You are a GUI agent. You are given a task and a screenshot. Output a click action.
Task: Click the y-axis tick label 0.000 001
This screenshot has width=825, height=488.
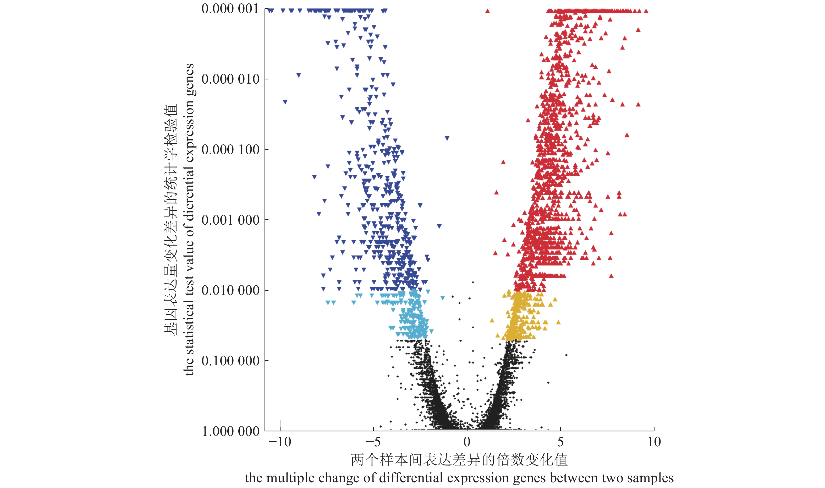click(230, 9)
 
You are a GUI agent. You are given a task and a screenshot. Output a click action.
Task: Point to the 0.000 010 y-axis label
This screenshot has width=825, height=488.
click(230, 79)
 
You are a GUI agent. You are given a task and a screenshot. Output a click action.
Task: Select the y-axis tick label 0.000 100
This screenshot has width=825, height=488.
click(230, 149)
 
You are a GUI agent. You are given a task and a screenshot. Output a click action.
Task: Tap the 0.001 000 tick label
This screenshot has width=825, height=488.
click(230, 220)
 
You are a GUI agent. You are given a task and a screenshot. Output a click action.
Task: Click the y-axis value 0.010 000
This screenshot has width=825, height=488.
click(230, 290)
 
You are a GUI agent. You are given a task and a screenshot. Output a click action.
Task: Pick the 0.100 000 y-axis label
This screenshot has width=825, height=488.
click(230, 360)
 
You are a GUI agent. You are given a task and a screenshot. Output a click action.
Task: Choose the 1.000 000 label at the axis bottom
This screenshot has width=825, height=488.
click(230, 431)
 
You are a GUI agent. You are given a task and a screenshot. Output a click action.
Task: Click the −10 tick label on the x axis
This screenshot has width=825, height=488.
click(280, 442)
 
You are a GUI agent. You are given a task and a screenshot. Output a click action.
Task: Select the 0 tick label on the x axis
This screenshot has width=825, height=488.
click(467, 442)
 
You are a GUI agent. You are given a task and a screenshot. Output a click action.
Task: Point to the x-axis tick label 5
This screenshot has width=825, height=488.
click(560, 442)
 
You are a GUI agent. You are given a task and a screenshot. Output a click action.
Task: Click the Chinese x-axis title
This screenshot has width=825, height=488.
click(459, 460)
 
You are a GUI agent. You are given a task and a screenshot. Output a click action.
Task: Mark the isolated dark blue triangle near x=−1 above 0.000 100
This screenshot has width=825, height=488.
click(447, 138)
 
